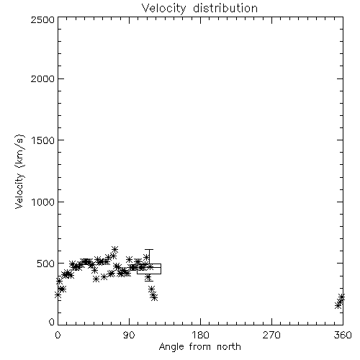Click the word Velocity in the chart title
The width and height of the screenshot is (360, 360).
[x=163, y=9]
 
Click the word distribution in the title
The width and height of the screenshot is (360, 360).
[x=225, y=8]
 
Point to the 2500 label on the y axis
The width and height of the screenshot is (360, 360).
[x=42, y=19]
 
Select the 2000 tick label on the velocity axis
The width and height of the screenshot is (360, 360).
[x=42, y=78]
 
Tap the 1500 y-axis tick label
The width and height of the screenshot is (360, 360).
[x=43, y=140]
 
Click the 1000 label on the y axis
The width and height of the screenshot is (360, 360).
[x=43, y=202]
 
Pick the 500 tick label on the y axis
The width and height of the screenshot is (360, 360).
[x=46, y=264]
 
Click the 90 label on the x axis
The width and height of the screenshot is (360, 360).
[x=129, y=335]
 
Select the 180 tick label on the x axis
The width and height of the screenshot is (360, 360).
[x=200, y=335]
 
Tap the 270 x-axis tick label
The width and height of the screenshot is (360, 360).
[x=271, y=335]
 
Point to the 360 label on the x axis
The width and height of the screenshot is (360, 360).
[x=343, y=335]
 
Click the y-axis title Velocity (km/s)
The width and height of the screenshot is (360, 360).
[x=19, y=171]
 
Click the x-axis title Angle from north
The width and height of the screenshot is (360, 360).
[x=200, y=347]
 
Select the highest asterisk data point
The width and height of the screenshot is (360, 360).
[x=114, y=249]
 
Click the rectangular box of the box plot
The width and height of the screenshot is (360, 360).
[x=149, y=264]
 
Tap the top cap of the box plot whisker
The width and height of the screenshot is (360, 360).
[x=149, y=250]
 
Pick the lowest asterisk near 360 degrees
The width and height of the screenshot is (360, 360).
[x=338, y=305]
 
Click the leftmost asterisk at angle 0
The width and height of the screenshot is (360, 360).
[x=58, y=294]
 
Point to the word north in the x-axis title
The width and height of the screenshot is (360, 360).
[x=229, y=347]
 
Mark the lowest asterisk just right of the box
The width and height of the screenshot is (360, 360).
[x=155, y=298]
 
